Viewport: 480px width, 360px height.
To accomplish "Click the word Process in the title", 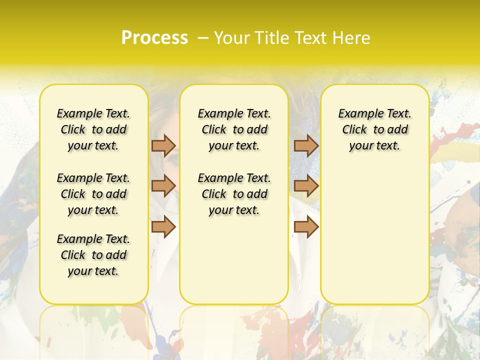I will (154, 38).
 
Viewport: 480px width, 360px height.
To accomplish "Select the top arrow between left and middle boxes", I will (163, 145).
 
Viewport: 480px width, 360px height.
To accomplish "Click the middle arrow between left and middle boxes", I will (163, 186).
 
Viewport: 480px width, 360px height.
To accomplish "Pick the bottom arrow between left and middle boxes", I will (163, 227).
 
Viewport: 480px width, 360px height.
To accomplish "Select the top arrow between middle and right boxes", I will (306, 145).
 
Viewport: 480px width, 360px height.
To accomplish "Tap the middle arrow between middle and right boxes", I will (306, 186).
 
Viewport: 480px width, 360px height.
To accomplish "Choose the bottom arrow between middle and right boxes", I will (306, 227).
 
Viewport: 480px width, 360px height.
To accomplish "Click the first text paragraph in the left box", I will (93, 129).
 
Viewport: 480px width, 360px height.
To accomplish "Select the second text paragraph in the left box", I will (93, 194).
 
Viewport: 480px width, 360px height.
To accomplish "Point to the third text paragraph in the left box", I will (93, 255).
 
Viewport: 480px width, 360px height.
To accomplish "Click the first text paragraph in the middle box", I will (234, 129).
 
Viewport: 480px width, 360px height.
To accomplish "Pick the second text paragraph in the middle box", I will (234, 194).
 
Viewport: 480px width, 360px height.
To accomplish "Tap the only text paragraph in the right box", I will (374, 129).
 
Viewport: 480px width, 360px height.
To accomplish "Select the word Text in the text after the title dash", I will (308, 38).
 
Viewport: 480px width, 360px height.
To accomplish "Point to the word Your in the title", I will (230, 38).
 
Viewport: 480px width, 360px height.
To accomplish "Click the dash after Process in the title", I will (203, 38).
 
